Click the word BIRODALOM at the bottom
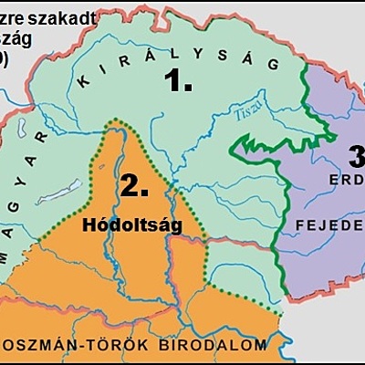[223, 345]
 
